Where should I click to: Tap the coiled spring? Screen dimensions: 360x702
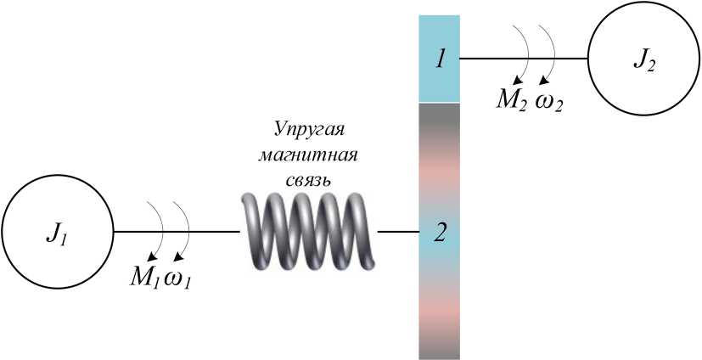pos(307,231)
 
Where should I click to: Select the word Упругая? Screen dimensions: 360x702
pos(312,130)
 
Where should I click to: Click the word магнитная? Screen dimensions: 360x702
pos(312,156)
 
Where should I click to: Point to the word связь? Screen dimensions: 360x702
pos(312,181)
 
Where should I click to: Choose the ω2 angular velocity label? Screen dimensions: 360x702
pos(548,103)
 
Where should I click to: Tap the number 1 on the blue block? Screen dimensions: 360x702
pos(440,59)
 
